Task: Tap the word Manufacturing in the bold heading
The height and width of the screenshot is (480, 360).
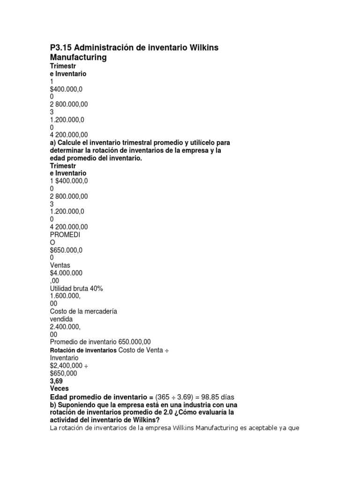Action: coord(78,57)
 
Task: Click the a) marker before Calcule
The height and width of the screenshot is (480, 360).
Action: coord(53,142)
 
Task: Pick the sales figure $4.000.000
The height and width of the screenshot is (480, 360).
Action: coord(67,273)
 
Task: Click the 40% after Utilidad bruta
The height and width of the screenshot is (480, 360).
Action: coord(96,288)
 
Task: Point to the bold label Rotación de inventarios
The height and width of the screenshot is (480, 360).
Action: coord(83,350)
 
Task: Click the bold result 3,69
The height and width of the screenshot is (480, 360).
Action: coord(56,381)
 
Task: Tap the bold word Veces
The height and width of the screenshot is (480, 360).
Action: coord(59,388)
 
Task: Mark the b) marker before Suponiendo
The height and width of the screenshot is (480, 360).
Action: coord(53,404)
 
